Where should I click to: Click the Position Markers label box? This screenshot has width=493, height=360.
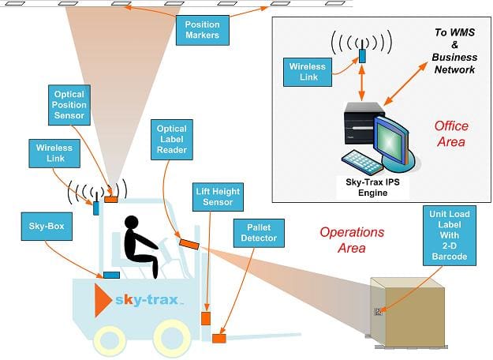click(x=202, y=30)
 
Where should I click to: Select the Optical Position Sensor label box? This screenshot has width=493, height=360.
click(x=69, y=105)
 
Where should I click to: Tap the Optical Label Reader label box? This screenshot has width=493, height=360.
click(x=172, y=140)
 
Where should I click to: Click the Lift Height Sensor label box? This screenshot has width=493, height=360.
click(x=218, y=197)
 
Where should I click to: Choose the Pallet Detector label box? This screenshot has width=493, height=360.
click(x=259, y=233)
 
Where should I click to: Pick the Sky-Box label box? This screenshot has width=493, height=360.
click(x=47, y=227)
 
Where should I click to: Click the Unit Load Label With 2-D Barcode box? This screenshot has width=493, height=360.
click(x=450, y=235)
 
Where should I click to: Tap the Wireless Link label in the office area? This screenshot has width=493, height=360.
click(x=308, y=72)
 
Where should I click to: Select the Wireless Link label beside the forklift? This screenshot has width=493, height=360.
click(x=54, y=153)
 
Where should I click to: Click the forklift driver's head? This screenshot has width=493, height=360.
click(x=132, y=222)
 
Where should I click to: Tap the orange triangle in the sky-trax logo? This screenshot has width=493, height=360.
click(x=103, y=300)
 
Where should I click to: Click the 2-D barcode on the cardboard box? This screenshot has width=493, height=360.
click(x=378, y=312)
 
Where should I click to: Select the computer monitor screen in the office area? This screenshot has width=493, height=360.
click(x=389, y=140)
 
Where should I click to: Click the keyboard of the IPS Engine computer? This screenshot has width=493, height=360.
click(x=360, y=161)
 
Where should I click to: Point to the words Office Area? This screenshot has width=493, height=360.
click(x=451, y=133)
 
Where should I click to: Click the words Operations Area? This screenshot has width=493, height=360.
click(x=352, y=240)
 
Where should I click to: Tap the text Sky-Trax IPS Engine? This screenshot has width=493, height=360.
click(x=372, y=187)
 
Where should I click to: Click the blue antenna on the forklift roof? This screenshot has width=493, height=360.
click(x=96, y=204)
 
